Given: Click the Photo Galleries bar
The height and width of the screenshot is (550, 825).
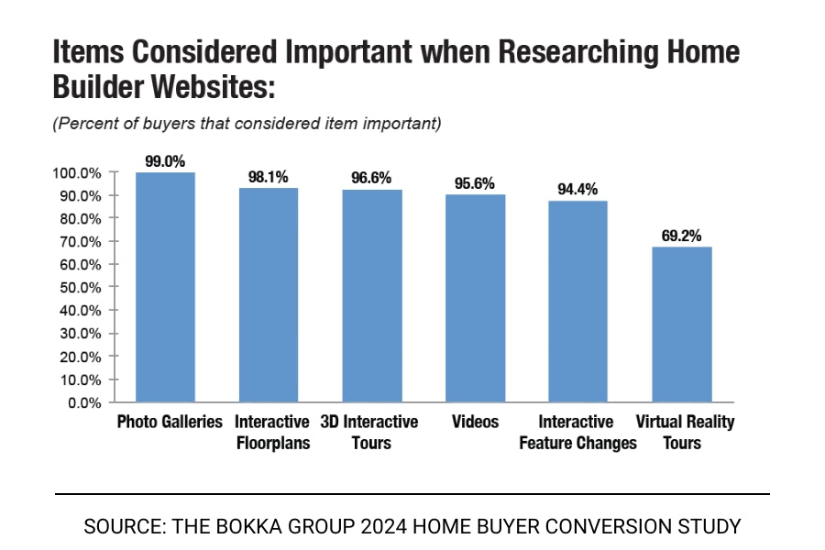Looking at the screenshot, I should (x=165, y=287).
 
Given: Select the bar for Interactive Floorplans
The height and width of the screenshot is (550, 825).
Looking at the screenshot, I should (x=269, y=295).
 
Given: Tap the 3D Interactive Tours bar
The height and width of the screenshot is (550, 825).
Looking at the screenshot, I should (x=371, y=296).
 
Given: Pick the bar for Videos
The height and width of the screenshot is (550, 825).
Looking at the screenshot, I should (x=475, y=298).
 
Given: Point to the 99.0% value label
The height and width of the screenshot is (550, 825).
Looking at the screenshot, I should (x=165, y=161).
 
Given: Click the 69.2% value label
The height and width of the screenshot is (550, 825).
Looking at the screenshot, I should (x=681, y=236).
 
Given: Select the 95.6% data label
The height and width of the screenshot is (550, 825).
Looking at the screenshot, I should (x=475, y=183).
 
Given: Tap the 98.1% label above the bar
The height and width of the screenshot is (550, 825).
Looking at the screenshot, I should (x=269, y=177).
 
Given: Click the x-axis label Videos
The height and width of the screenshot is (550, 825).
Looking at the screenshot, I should (x=475, y=423).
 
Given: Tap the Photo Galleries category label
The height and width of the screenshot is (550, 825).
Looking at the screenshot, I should (x=170, y=423).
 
